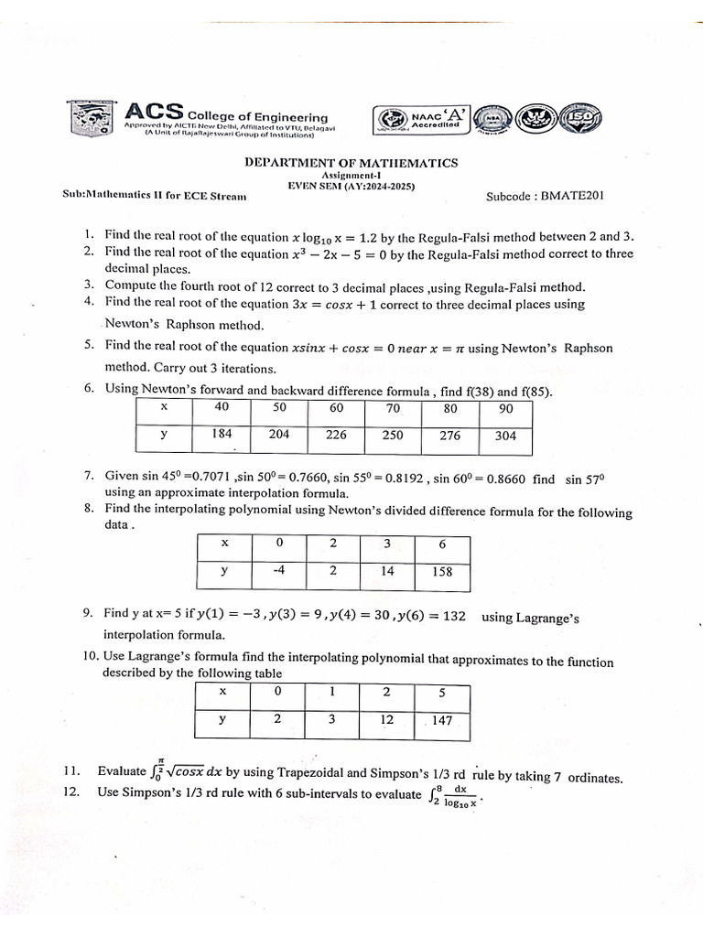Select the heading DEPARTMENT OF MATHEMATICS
(351, 163)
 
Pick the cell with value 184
(222, 436)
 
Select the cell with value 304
(505, 436)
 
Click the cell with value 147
(442, 720)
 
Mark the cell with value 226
(336, 436)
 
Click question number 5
(89, 346)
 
